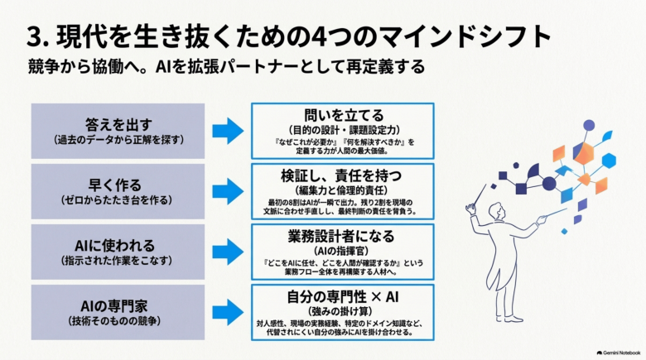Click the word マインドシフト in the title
[x=465, y=36]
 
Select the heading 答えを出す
[x=118, y=124]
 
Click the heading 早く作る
[x=115, y=185]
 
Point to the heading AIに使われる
[x=115, y=246]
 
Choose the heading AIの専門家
[x=114, y=306]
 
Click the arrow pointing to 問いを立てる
[x=228, y=131]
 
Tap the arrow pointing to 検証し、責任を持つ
[x=228, y=191]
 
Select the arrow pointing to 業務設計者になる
[x=228, y=252]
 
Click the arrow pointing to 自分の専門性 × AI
[x=228, y=312]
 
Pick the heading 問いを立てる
[x=344, y=115]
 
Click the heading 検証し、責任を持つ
[x=341, y=175]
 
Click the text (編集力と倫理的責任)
[x=341, y=190]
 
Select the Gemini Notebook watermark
[x=619, y=353]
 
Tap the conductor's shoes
[x=508, y=318]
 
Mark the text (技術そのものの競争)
[x=114, y=321]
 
